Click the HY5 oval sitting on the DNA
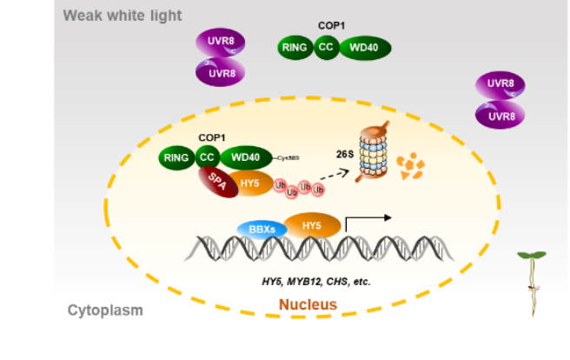(311, 225)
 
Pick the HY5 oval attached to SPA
(250, 182)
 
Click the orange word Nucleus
(308, 305)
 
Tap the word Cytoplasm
(105, 310)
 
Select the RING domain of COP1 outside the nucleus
(295, 48)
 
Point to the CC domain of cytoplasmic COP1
(327, 48)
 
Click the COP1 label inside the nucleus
(212, 137)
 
